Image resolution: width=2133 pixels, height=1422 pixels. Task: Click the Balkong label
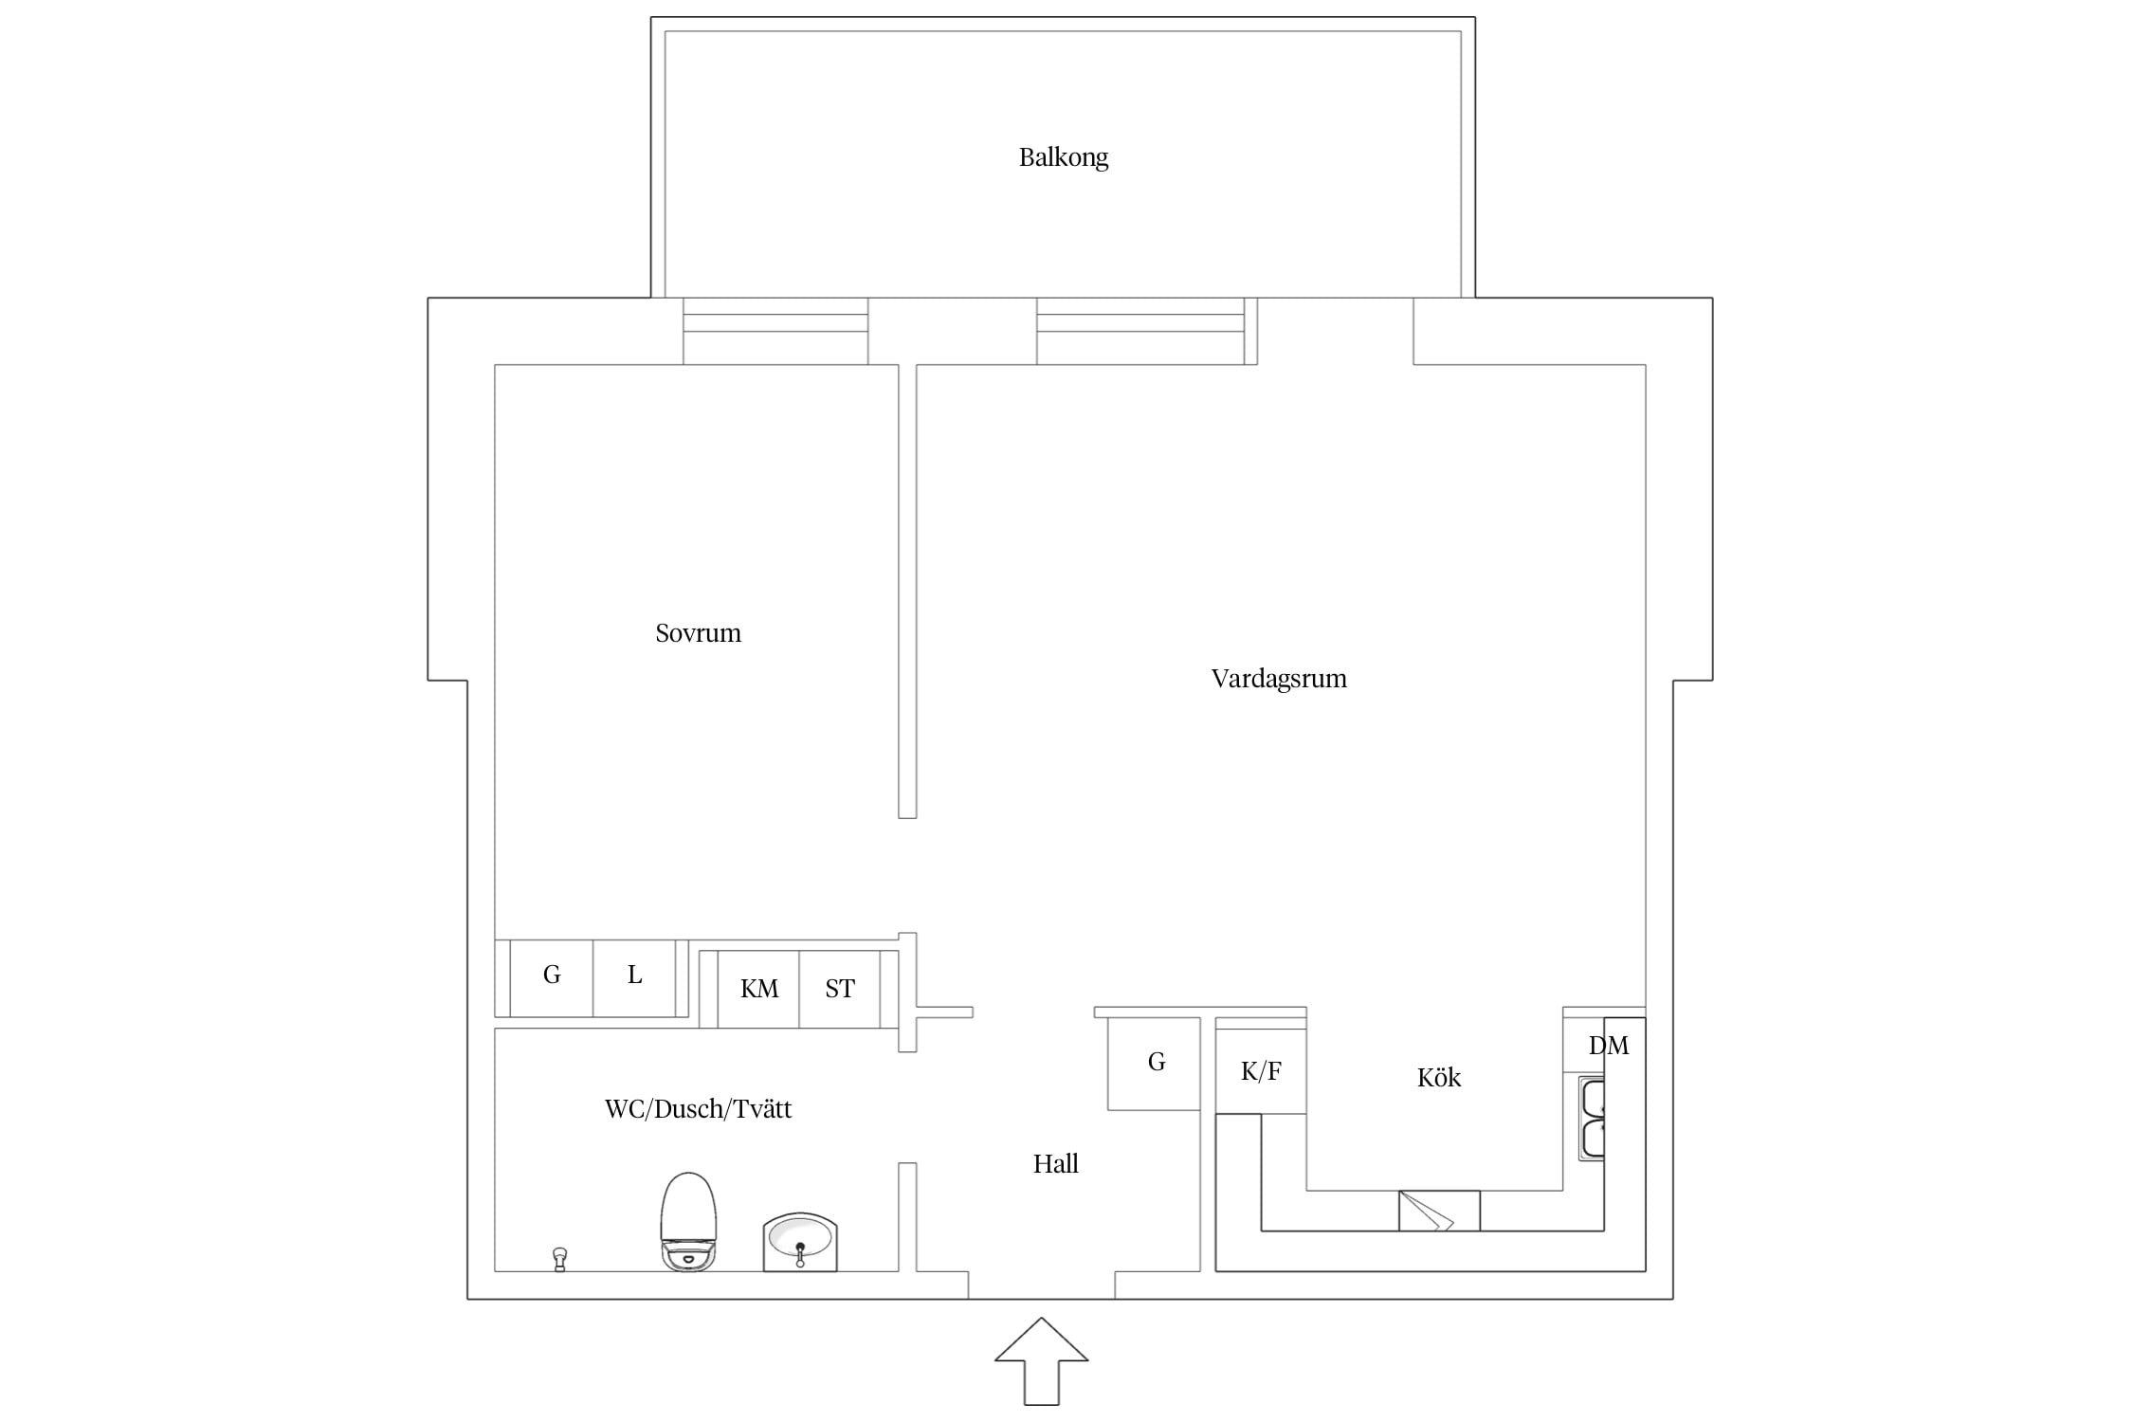(1063, 157)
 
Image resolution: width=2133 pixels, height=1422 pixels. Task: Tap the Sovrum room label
(698, 633)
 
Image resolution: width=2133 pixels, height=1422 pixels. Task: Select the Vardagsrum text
(1279, 679)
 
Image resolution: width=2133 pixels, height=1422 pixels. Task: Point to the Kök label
(1438, 1077)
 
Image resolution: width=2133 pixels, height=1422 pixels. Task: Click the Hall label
(1055, 1163)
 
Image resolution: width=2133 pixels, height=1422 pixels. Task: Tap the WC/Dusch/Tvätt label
(698, 1108)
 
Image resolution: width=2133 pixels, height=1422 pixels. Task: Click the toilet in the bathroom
(688, 1221)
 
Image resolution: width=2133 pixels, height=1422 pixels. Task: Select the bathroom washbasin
(800, 1241)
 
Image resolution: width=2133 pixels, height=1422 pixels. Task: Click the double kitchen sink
(1592, 1119)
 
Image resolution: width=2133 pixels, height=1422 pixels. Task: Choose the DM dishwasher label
(1608, 1046)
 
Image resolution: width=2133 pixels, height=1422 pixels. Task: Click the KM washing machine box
(758, 989)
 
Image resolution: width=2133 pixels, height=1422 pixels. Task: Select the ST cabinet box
(840, 989)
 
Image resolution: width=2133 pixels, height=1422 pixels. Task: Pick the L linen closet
(634, 978)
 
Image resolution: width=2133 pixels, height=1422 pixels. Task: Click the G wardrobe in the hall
(1155, 1064)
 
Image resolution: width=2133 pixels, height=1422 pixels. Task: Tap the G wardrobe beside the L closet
(552, 978)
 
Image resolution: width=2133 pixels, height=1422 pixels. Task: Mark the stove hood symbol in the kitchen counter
(1439, 1211)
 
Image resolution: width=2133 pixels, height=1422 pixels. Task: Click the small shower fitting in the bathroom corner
(559, 1260)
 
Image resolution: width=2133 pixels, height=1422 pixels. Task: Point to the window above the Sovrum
(775, 331)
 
